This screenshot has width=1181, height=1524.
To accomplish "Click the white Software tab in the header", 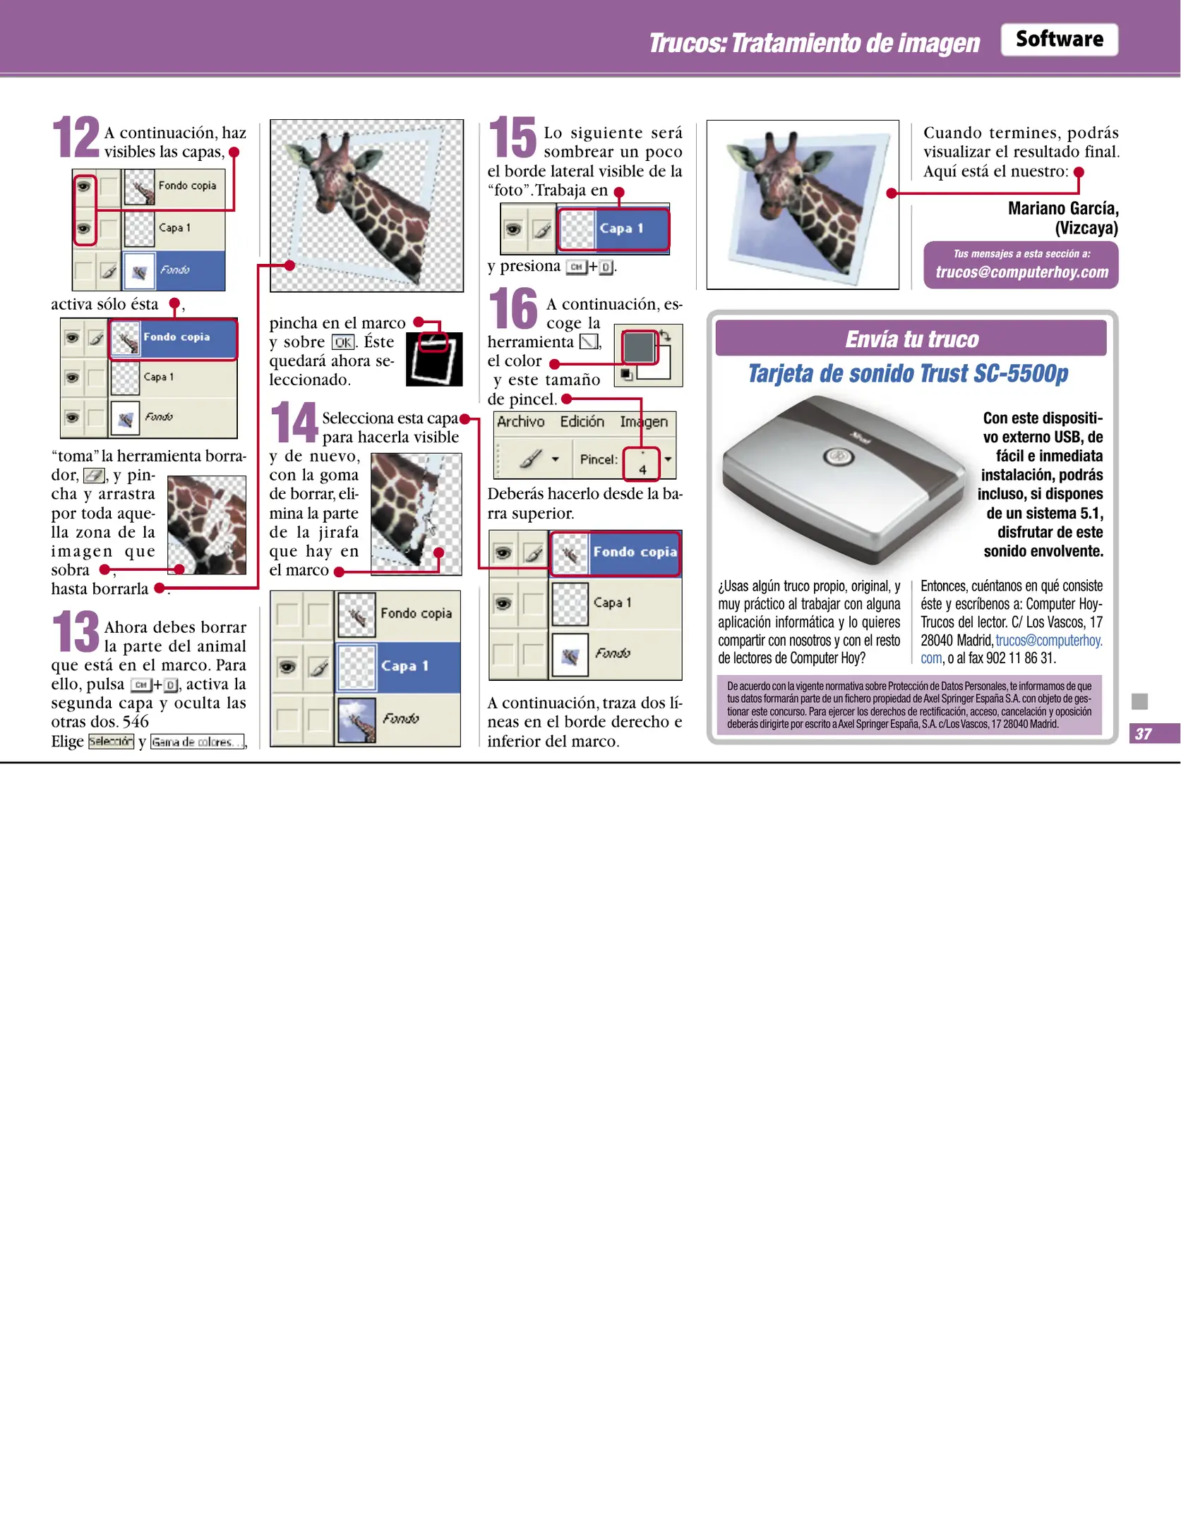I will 1059,40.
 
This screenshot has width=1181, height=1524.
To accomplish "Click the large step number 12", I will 76,137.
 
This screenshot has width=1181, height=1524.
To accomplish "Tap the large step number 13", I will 76,631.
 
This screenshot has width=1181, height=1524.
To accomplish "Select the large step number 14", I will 294,422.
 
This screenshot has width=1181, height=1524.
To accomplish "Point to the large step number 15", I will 513,138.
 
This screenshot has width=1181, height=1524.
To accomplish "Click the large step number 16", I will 513,309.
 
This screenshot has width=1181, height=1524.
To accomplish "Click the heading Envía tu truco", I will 911,339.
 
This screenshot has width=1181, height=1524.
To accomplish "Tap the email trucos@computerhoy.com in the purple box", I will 1021,272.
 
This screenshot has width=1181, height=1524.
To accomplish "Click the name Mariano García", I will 1062,208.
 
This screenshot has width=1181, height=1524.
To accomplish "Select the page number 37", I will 1143,734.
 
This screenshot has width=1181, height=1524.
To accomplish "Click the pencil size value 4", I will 642,468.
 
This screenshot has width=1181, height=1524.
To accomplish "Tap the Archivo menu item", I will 520,422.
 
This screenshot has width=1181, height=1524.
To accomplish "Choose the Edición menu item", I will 582,422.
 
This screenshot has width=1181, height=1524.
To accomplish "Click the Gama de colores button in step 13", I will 197,742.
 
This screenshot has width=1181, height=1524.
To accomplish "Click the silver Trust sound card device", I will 840,480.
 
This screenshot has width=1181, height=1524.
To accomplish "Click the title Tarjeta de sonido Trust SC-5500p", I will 908,374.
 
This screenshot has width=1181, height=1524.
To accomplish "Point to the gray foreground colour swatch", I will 638,347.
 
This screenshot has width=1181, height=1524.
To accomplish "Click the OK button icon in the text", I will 343,342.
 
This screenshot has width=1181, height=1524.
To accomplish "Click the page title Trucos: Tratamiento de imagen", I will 814,43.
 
